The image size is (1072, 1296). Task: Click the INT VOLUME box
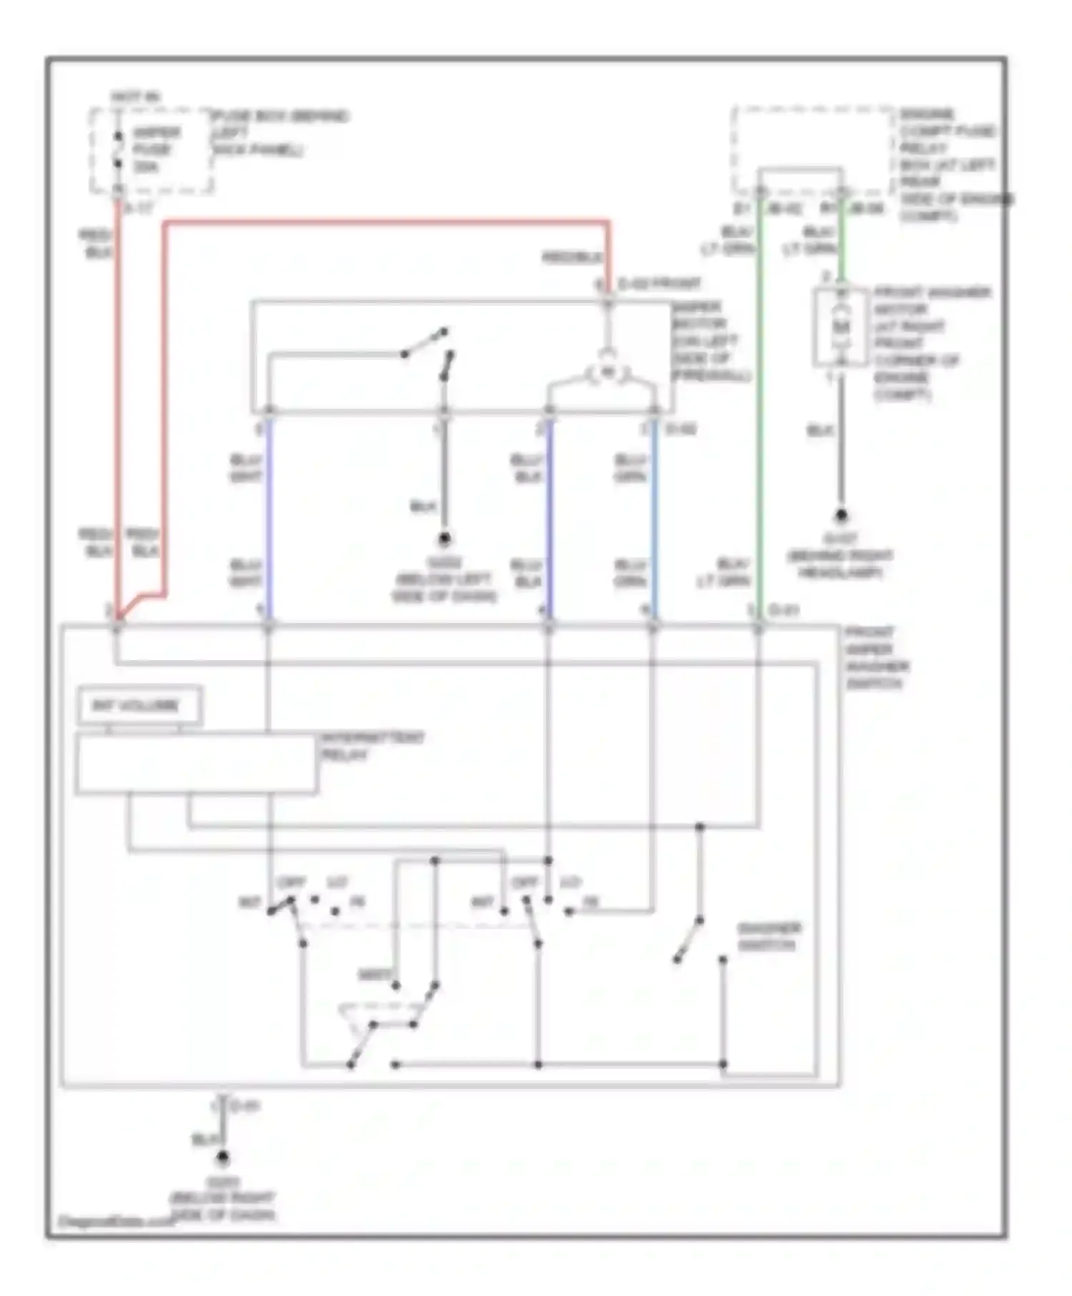pos(139,706)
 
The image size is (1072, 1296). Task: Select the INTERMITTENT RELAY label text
pos(372,746)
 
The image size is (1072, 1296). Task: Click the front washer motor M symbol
pos(841,327)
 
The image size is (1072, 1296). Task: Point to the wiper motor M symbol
pos(607,372)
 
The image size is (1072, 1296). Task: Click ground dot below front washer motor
pos(841,515)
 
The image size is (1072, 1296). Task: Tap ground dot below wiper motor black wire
pos(444,538)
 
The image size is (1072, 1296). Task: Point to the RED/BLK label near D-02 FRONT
pos(572,257)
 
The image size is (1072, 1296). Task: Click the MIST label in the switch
pos(374,975)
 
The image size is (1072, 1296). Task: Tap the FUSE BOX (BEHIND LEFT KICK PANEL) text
pos(279,133)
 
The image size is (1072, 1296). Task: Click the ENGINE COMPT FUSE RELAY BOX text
pos(947,164)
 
